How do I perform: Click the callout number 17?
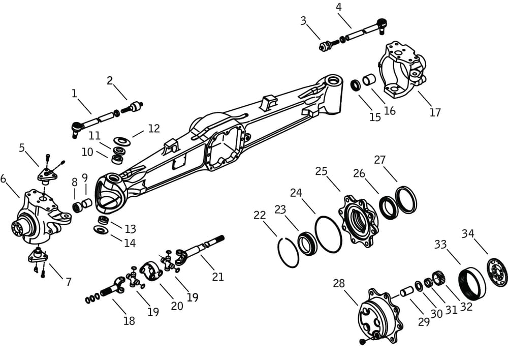(435, 112)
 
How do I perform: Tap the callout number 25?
(321, 171)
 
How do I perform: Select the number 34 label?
(468, 233)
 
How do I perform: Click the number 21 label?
(218, 277)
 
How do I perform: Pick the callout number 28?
(339, 283)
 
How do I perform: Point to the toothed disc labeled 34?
(497, 272)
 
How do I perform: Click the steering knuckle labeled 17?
(401, 70)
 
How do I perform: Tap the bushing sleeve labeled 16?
(370, 80)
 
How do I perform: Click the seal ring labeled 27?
(406, 199)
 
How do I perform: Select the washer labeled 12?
(122, 140)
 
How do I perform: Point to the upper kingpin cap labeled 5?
(48, 174)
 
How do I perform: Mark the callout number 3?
(303, 21)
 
